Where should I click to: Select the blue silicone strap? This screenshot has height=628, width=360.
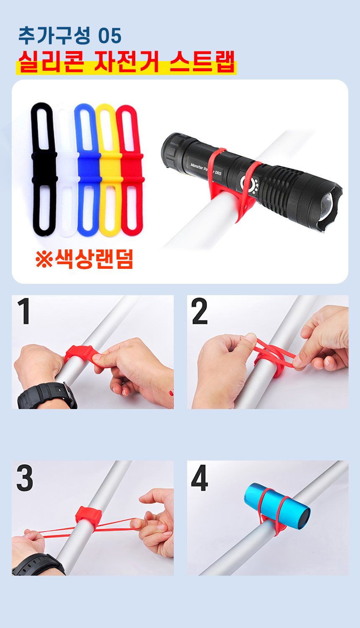[x=88, y=168]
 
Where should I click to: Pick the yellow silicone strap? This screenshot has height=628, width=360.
[x=110, y=168]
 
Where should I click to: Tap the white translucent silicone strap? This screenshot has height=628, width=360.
[x=66, y=168]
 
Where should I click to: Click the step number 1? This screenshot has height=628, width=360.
[x=24, y=311]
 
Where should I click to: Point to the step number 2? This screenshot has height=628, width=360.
[x=200, y=311]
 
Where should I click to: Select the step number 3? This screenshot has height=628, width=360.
[x=25, y=478]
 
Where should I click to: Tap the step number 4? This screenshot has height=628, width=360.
[x=200, y=478]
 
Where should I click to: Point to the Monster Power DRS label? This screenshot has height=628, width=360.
[x=206, y=169]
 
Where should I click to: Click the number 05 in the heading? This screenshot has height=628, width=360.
[x=110, y=36]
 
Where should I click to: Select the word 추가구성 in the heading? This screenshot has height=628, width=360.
[x=54, y=36]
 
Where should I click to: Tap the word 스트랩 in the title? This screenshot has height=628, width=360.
[x=202, y=62]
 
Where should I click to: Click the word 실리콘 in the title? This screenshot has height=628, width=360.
[x=51, y=62]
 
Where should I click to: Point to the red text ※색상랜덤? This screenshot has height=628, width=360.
[x=84, y=259]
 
